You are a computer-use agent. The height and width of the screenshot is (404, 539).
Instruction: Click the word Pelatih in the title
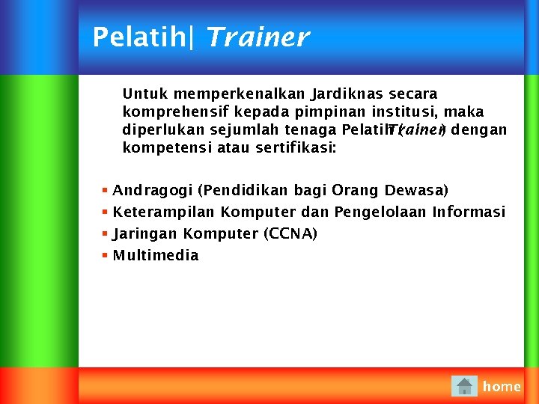(x=138, y=37)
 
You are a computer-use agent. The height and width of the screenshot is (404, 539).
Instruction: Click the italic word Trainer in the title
(x=256, y=37)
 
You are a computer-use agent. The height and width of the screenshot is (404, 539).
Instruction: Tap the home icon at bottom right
(x=464, y=386)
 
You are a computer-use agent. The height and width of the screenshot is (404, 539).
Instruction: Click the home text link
(x=502, y=387)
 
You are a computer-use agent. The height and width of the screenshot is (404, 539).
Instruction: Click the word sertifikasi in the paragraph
(x=296, y=148)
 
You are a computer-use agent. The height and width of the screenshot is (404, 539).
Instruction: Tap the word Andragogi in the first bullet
(x=152, y=191)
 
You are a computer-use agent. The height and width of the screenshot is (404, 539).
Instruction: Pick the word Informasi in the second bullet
(x=469, y=212)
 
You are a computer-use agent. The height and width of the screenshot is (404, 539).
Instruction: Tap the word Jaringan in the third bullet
(x=145, y=234)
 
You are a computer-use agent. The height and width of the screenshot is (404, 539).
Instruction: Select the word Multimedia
(x=156, y=256)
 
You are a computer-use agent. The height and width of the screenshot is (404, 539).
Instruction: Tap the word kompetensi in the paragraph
(x=167, y=148)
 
